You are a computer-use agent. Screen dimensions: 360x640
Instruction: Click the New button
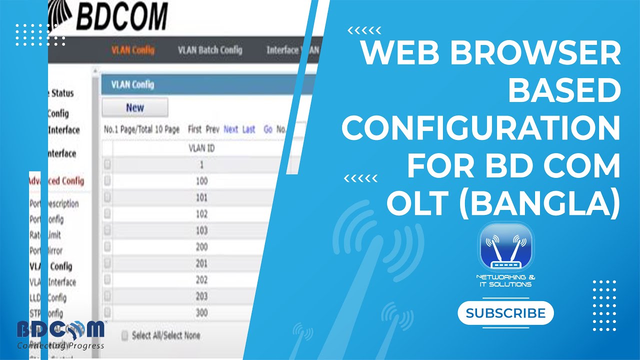[x=135, y=107]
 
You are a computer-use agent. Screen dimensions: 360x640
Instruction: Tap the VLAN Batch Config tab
[x=210, y=50]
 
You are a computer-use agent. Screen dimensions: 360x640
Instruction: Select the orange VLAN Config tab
[x=132, y=50]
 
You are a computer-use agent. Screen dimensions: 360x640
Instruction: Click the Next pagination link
[x=230, y=129]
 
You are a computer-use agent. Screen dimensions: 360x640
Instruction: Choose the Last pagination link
[x=248, y=129]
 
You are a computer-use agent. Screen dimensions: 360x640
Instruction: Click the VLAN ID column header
[x=202, y=148]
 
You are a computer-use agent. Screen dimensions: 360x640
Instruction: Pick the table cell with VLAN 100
[x=201, y=181]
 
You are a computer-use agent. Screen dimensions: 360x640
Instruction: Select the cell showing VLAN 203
[x=201, y=296]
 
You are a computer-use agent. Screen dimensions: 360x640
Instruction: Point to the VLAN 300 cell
[x=201, y=313]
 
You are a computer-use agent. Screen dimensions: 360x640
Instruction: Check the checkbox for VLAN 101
[x=107, y=197]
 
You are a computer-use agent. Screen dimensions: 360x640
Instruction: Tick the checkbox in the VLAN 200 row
[x=107, y=247]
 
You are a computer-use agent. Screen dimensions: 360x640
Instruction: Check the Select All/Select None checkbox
[x=124, y=335]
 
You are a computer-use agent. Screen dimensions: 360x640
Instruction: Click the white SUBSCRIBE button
[x=505, y=313]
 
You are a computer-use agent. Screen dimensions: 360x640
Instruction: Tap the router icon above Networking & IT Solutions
[x=506, y=247]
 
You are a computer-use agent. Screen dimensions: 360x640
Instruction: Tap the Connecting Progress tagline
[x=60, y=345]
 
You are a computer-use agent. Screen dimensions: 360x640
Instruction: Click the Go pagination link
[x=268, y=129]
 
